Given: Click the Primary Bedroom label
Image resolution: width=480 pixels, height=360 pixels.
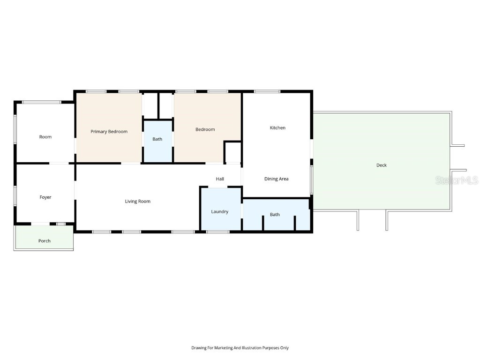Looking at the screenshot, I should coord(109,132).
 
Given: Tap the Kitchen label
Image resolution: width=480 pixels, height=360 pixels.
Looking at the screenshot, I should coord(277,128).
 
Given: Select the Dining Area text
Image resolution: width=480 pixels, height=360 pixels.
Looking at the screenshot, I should coord(276,179).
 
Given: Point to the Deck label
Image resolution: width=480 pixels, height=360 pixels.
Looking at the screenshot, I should coord(382,165).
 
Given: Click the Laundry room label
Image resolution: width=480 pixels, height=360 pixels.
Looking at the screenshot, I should coord(219,212).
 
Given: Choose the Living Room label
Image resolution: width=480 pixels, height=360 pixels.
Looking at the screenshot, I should coord(137,202).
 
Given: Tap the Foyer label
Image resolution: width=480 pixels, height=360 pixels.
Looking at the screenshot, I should coord(45,197).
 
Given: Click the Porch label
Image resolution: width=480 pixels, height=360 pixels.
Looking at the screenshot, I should coord(45,241).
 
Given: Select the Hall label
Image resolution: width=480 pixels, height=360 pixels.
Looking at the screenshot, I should coord(220,179).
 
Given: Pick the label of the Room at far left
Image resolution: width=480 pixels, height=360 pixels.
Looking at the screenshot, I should coord(45,137).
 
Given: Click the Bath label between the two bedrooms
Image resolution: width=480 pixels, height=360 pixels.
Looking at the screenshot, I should coord(157,139).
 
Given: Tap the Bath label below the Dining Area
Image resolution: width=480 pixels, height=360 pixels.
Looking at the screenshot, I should coord(275,215).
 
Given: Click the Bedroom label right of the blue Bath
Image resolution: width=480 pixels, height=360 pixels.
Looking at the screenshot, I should coord(205,129).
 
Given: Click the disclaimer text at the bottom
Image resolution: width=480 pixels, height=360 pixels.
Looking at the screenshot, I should coord(240,348).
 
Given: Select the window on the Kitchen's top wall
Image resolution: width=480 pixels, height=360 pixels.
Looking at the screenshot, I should coord(267,91).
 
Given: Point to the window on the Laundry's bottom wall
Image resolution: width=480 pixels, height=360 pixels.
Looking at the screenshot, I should coord(218,232).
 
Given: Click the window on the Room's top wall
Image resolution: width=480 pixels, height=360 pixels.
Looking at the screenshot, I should coord(42,102).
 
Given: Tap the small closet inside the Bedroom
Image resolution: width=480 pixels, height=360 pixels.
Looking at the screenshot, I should coord(232,152).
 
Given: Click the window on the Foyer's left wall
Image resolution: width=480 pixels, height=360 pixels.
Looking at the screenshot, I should coord(15,195).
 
